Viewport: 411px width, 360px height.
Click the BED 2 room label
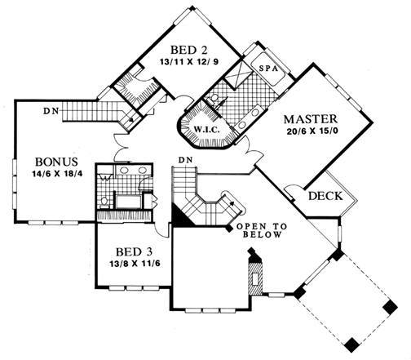pos(189,50)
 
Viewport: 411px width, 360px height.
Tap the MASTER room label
pos(311,119)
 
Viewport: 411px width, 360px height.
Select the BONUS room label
pos(56,162)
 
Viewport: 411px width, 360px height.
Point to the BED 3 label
pos(134,252)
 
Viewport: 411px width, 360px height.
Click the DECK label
pos(325,196)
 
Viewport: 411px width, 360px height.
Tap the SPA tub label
pos(268,69)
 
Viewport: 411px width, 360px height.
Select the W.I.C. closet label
pos(207,130)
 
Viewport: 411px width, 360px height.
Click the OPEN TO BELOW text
pos(262,230)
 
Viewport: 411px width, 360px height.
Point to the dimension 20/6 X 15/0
pos(312,131)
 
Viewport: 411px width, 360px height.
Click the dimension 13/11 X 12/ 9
pos(189,62)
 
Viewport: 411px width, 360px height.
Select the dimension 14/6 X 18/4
pos(57,174)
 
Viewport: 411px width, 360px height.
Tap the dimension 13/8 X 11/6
pos(135,264)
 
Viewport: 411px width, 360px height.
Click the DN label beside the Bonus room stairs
pos(51,111)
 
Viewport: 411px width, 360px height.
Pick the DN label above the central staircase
pos(185,160)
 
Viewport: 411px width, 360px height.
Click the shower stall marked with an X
pos(236,73)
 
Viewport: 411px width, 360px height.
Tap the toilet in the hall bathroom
pos(104,202)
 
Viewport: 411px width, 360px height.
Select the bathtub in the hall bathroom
pos(128,202)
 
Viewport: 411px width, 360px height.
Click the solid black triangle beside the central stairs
pos(181,216)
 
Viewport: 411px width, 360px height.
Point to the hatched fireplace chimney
pos(255,275)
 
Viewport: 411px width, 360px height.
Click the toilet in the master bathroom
pos(214,100)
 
